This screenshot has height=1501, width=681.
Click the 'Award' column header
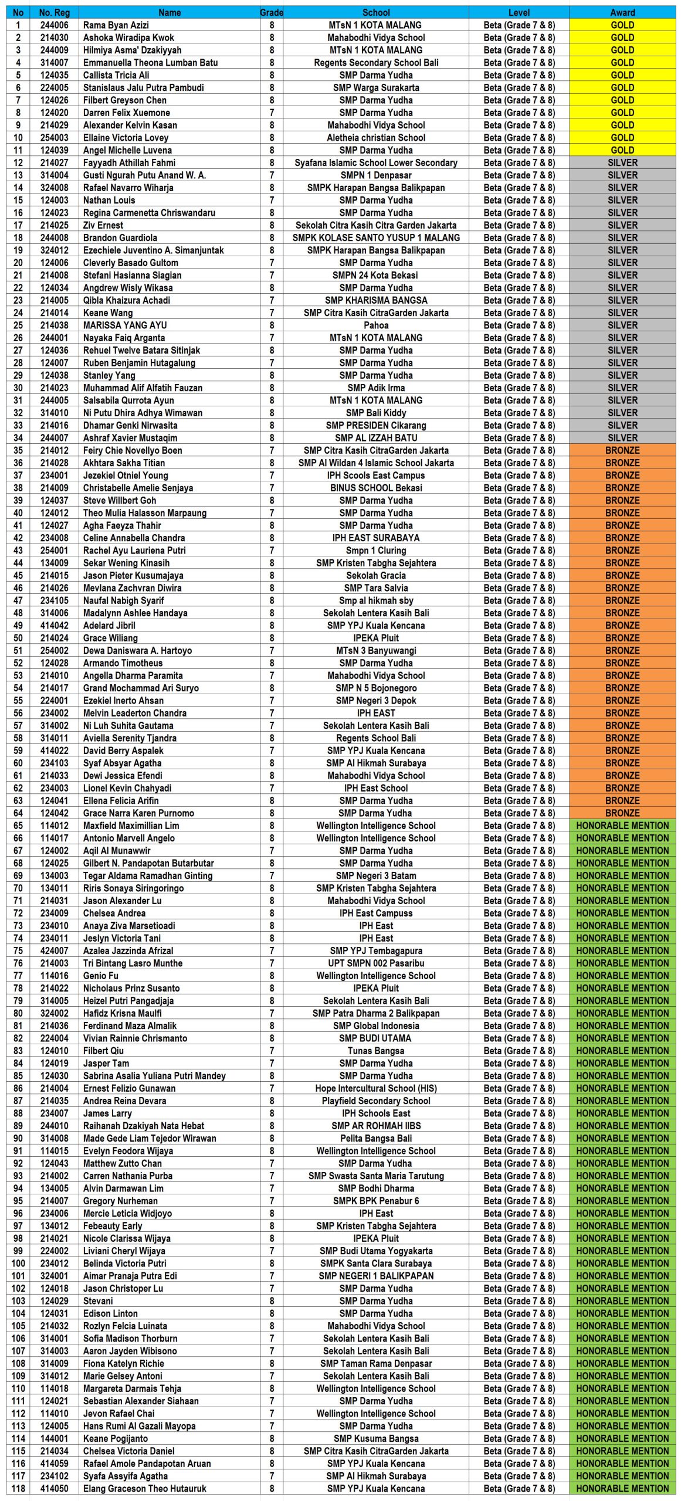tap(622, 12)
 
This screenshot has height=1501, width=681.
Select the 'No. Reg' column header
tap(54, 12)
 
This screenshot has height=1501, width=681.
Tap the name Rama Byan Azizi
tap(116, 25)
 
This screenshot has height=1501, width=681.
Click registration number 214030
tap(54, 38)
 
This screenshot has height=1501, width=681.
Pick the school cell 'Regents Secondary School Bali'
tap(376, 63)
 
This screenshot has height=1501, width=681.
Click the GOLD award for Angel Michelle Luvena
tap(622, 150)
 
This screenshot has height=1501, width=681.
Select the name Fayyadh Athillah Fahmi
tap(129, 162)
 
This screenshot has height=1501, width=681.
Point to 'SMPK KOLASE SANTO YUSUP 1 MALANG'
tap(376, 237)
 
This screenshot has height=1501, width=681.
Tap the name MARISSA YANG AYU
tap(125, 325)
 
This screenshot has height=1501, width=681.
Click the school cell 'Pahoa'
tap(376, 325)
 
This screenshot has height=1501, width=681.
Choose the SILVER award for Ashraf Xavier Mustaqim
tap(622, 438)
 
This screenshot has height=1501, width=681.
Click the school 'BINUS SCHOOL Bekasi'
tap(376, 488)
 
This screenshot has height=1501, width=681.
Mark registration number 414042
tap(54, 626)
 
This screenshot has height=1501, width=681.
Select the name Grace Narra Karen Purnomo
tap(138, 813)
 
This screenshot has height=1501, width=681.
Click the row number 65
tap(18, 826)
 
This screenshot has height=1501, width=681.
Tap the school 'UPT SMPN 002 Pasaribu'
tap(376, 963)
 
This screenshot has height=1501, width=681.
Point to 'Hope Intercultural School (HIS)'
tap(376, 1088)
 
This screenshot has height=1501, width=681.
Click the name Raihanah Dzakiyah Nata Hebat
tap(144, 1126)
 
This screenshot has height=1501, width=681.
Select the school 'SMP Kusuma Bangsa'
tap(376, 1438)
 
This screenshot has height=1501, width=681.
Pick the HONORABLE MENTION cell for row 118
tap(622, 1489)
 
